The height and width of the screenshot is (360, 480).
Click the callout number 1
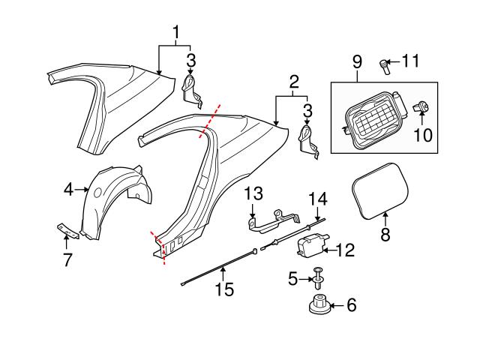176,32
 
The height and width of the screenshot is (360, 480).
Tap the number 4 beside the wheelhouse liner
68,191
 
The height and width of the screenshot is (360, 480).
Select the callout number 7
67,260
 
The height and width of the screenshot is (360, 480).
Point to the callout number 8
386,235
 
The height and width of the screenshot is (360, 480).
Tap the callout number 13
252,193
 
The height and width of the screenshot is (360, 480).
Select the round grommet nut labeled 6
319,306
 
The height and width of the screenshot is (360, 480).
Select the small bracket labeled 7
65,229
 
